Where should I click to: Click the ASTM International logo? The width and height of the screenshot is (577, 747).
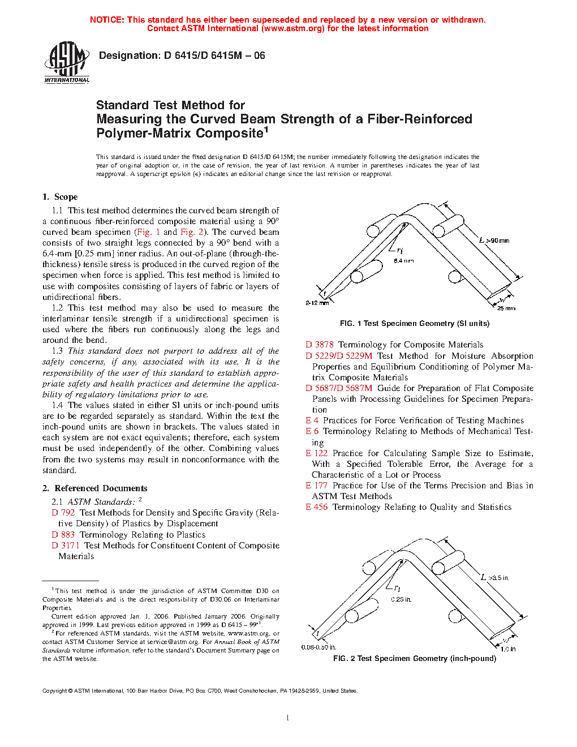pyautogui.click(x=67, y=63)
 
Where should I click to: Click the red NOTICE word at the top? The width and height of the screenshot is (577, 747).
pyautogui.click(x=107, y=20)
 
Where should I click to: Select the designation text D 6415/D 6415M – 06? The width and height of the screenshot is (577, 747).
pyautogui.click(x=214, y=55)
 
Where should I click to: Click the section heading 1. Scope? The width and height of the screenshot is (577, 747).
pyautogui.click(x=60, y=197)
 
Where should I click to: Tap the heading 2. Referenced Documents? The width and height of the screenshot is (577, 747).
pyautogui.click(x=95, y=488)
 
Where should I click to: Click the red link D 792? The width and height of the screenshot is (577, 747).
pyautogui.click(x=63, y=513)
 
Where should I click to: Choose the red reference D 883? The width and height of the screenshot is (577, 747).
pyautogui.click(x=63, y=535)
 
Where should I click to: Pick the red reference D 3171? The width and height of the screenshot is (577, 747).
pyautogui.click(x=66, y=546)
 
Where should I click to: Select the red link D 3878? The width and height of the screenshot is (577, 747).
pyautogui.click(x=320, y=345)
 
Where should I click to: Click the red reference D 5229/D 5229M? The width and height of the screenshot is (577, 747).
pyautogui.click(x=339, y=356)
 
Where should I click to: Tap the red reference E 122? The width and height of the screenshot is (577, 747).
pyautogui.click(x=317, y=453)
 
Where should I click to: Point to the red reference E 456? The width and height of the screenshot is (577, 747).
pyautogui.click(x=317, y=507)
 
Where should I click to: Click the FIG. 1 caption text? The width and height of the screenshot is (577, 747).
pyautogui.click(x=415, y=324)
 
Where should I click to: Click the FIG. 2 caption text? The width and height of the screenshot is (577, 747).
pyautogui.click(x=415, y=659)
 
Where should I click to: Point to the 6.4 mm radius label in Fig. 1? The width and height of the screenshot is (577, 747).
pyautogui.click(x=404, y=261)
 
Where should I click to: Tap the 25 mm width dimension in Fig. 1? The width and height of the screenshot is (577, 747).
pyautogui.click(x=506, y=308)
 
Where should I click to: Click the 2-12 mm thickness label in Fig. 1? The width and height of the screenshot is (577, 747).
pyautogui.click(x=317, y=303)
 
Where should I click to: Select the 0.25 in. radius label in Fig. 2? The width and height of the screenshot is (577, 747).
pyautogui.click(x=401, y=599)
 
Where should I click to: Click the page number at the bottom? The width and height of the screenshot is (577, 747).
pyautogui.click(x=288, y=718)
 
